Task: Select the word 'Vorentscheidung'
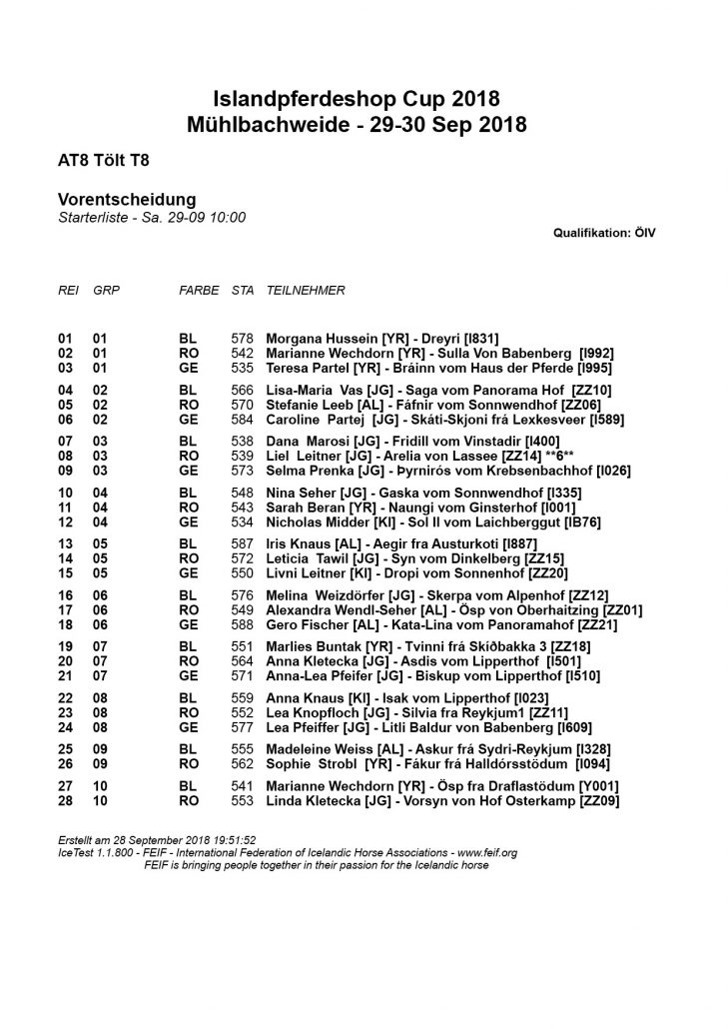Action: tap(126, 200)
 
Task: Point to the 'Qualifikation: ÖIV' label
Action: tap(604, 232)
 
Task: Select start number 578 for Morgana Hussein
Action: tap(242, 339)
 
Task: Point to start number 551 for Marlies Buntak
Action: tap(242, 648)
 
